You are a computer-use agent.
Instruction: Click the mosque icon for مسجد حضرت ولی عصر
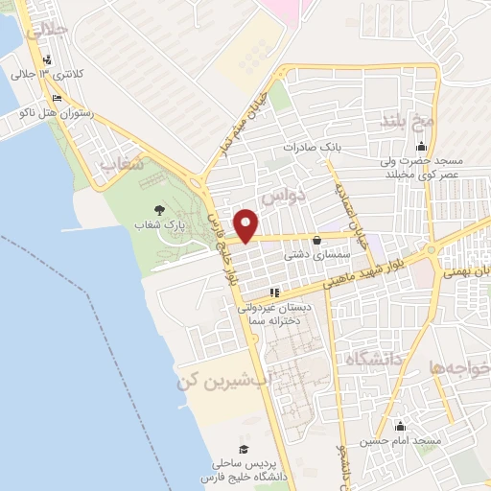click(x=421, y=147)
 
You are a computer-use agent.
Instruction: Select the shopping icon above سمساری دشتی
click(x=317, y=241)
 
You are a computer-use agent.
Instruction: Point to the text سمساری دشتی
click(x=309, y=256)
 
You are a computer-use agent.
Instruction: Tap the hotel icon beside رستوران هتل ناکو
click(x=58, y=98)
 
